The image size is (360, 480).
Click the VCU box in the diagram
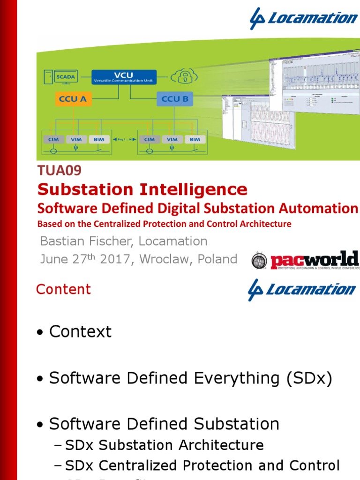123,76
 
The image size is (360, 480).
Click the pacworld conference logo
305,261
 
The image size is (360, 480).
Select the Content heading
63,289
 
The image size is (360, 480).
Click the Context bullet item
80,332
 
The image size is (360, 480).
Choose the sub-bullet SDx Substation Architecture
164,445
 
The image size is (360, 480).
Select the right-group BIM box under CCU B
195,139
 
